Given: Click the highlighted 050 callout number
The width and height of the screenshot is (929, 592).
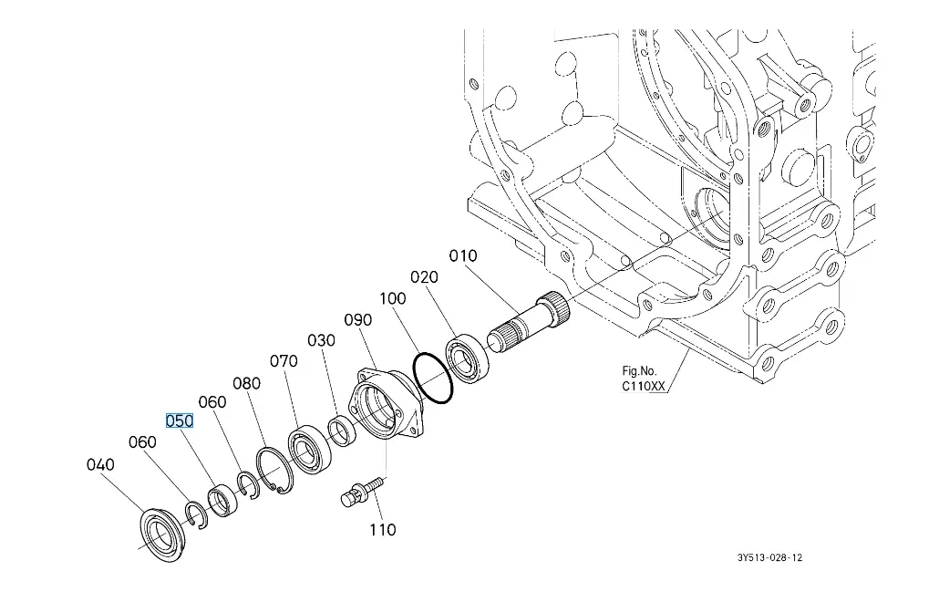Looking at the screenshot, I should pos(180,421).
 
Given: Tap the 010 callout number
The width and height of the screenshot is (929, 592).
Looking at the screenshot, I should pos(463,256).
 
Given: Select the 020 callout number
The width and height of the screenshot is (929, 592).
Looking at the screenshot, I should pos(424,276).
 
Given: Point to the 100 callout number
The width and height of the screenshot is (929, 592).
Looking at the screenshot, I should pos(393,298).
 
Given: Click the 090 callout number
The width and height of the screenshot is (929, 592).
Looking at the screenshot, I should pos(358,319).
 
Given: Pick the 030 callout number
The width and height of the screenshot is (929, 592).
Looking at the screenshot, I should pos(321,340).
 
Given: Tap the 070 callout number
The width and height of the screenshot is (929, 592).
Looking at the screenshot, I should pos(284,361).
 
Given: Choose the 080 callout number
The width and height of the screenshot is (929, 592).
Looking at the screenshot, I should pos(247,382).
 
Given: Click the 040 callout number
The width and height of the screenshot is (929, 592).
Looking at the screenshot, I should pos(100,465).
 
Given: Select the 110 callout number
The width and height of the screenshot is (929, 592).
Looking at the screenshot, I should pos(382,529).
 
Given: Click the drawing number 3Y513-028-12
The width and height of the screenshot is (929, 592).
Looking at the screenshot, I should pos(770,557).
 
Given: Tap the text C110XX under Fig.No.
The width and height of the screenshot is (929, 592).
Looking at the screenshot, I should pos(644,386).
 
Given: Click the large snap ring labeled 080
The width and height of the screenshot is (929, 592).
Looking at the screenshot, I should pos(273,469).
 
